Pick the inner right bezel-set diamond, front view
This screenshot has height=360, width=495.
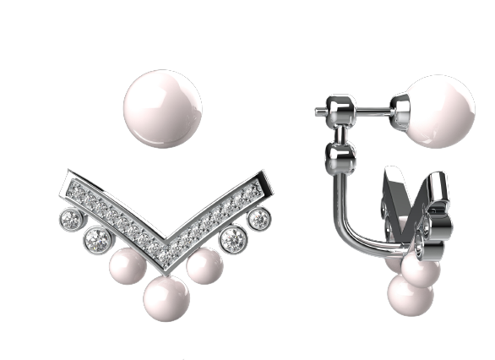(x=232, y=239)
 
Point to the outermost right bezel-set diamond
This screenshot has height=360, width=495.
(x=258, y=218)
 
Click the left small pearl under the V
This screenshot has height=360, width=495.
(x=128, y=267)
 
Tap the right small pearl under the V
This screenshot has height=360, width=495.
(x=204, y=266)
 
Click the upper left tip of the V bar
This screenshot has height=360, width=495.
(x=68, y=180)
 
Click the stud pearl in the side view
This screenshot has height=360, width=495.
(x=440, y=111)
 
